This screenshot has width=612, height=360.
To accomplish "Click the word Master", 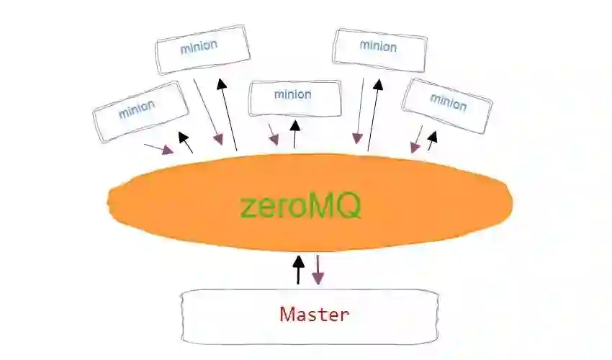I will tap(314, 315).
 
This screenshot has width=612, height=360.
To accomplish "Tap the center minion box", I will tap(294, 97).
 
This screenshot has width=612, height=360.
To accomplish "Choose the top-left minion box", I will tap(202, 48).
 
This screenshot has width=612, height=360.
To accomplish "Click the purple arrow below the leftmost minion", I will tap(159, 148).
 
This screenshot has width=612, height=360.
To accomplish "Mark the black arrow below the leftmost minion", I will tap(186, 143).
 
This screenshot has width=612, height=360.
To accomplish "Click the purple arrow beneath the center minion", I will tap(273, 134).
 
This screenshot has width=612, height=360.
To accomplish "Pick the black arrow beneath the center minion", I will tap(294, 133).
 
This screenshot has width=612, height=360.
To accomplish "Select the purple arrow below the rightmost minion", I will tap(418, 139).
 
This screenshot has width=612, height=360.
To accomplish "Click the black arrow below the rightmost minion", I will tap(432, 140).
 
